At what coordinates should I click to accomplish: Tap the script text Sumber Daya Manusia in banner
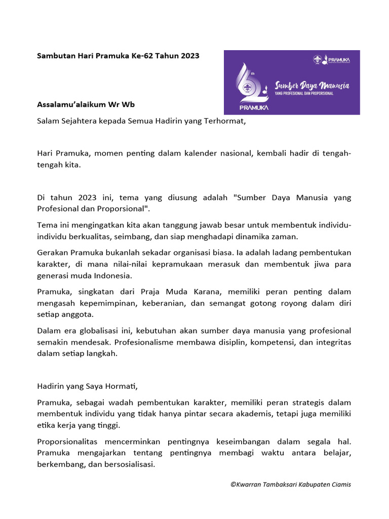point(312,85)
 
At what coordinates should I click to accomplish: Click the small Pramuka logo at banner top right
point(332,60)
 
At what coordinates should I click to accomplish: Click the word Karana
point(207,292)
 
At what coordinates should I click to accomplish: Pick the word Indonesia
point(114,276)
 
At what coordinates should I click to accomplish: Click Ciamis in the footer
point(340,485)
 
